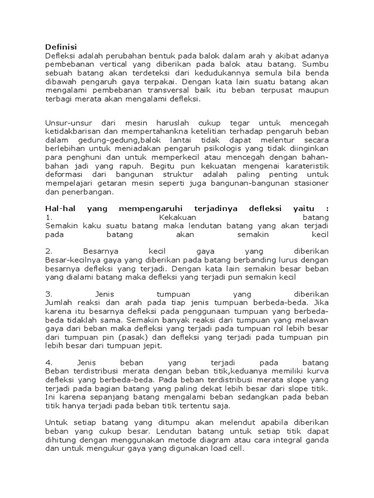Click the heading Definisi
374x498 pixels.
(58, 47)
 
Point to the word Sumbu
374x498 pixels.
(316, 64)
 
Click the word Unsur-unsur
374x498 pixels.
(65, 123)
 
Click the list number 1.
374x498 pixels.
(48, 217)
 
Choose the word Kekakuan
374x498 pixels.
(177, 217)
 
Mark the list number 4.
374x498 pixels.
(48, 363)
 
